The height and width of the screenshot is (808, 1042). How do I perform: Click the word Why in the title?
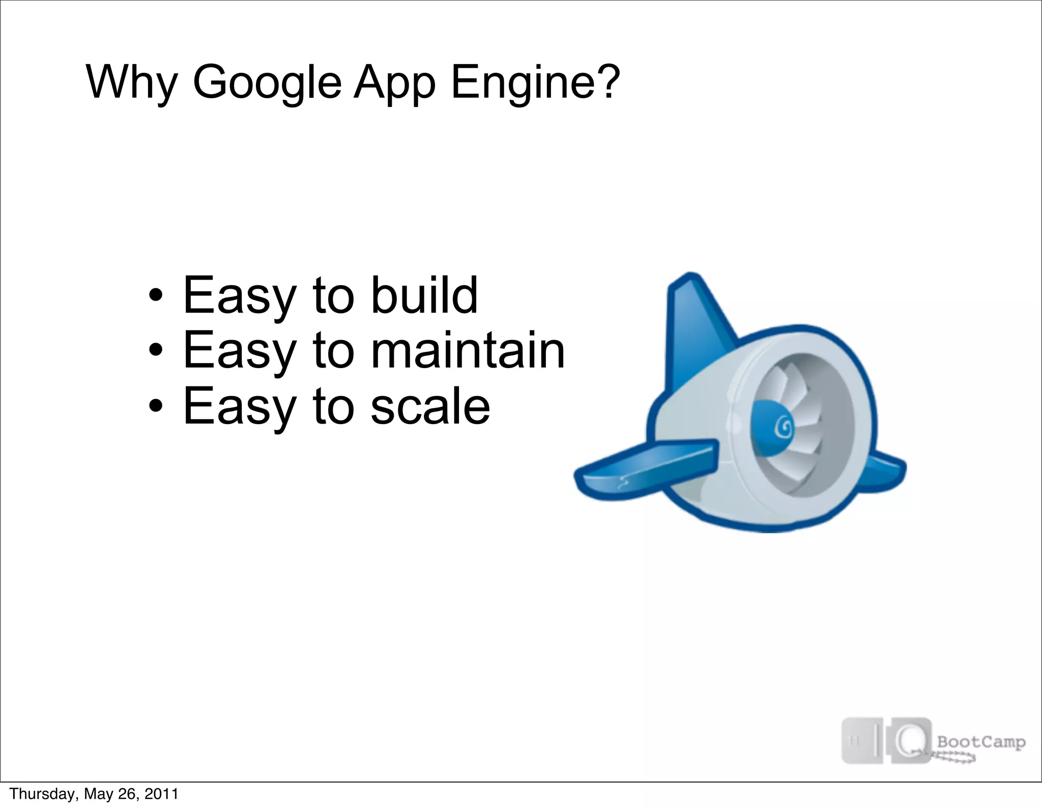pyautogui.click(x=132, y=82)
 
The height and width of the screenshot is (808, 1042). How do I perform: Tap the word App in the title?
pyautogui.click(x=394, y=82)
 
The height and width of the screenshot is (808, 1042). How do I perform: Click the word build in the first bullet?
pyautogui.click(x=424, y=295)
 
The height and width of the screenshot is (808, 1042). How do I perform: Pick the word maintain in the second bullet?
pyautogui.click(x=468, y=350)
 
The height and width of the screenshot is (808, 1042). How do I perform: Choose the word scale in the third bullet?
pyautogui.click(x=430, y=406)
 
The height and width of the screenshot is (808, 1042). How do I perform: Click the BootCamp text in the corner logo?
pyautogui.click(x=981, y=741)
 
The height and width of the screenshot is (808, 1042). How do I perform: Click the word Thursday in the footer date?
pyautogui.click(x=43, y=794)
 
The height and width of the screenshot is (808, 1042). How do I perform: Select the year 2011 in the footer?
pyautogui.click(x=161, y=794)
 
